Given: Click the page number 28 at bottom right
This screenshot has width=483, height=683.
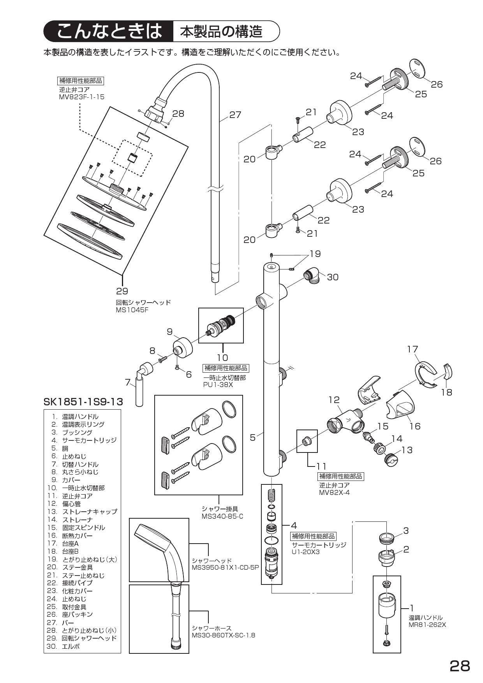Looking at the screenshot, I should coord(460,666).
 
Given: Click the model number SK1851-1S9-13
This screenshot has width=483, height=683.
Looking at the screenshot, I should coord(83,401).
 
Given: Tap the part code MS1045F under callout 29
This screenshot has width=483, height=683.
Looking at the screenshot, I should coord(132,310).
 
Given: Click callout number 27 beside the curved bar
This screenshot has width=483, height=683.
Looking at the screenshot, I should coord(235,115).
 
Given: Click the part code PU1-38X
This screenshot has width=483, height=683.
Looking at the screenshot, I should coord(218,385).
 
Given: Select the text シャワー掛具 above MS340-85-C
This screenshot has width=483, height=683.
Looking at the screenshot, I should coord(220,509).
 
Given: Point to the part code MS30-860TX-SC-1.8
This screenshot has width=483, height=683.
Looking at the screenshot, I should coord(223,635).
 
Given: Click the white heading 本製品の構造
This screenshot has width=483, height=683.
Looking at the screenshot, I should coord(221,32).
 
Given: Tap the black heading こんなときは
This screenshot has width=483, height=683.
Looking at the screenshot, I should coord(109,32).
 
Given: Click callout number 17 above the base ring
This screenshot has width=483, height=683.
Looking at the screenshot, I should coord(412,349).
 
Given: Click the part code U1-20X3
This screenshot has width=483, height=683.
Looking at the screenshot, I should coord(305,552).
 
